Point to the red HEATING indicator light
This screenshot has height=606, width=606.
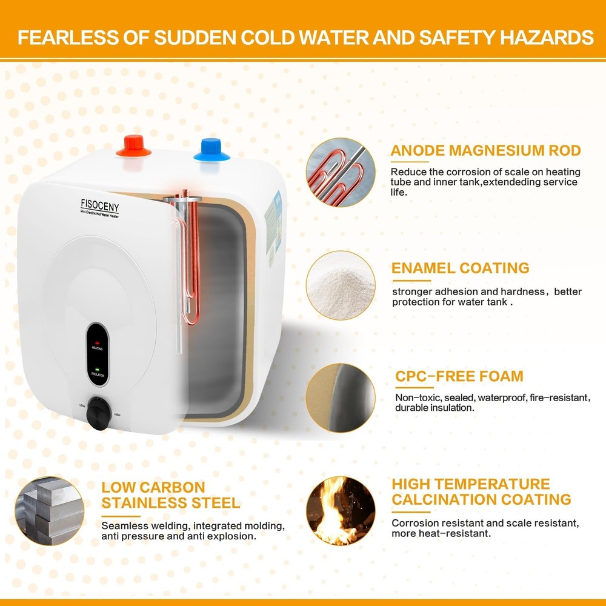(x=97, y=343)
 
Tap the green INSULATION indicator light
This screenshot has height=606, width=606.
(x=97, y=368)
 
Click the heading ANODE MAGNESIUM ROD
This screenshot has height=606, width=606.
(x=486, y=151)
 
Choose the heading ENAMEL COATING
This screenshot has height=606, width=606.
(x=461, y=268)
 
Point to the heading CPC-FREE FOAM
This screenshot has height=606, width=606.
(x=459, y=376)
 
